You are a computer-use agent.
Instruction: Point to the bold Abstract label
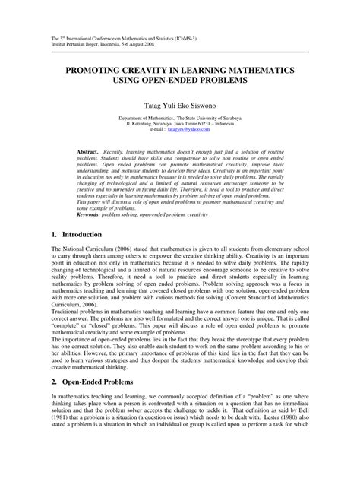click(x=89, y=152)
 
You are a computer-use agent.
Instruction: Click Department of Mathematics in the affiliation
click(x=145, y=118)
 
